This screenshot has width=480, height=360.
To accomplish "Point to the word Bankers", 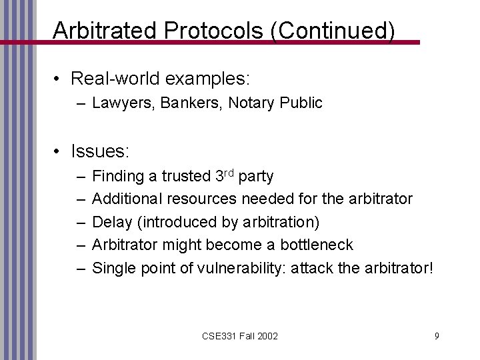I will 175,103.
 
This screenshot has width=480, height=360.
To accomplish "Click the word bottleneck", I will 314,245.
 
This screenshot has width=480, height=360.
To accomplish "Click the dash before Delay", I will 80,222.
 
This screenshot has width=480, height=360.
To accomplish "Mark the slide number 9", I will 436,336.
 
